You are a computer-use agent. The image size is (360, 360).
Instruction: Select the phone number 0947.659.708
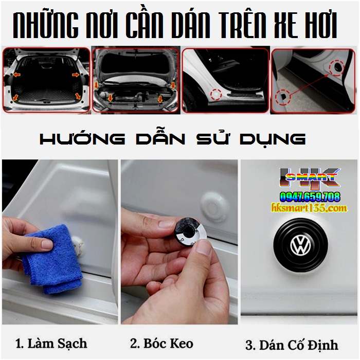coord(310,196)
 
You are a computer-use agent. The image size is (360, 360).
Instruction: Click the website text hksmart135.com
coord(309,208)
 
